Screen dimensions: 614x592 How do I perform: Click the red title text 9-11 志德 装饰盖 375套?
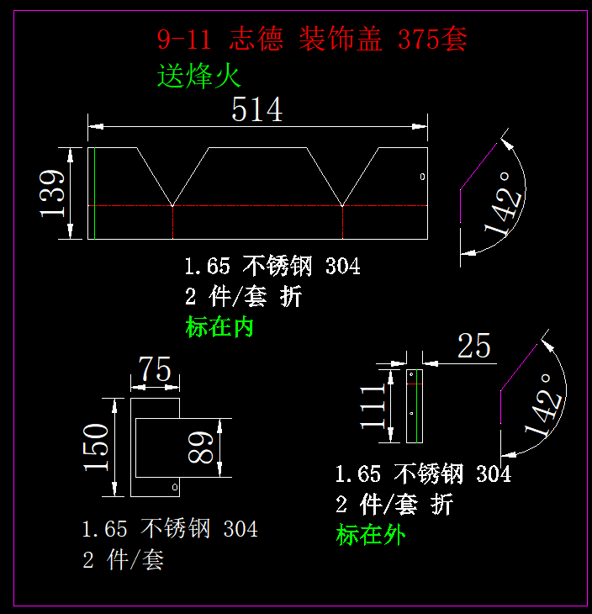311,39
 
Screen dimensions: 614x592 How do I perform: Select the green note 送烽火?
199,77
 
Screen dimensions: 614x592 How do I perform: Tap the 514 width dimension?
256,109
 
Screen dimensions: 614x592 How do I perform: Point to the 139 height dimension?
53,193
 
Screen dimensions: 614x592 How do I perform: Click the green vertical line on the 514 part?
94,193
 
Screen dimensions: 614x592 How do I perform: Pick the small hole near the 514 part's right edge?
422,176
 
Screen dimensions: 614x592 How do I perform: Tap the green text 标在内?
219,327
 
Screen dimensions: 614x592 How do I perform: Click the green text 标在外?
370,534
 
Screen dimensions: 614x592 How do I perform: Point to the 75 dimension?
155,369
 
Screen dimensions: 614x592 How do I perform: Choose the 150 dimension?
96,447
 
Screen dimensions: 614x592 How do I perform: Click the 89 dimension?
201,447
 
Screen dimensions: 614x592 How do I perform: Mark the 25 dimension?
474,346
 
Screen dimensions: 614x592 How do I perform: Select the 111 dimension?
373,405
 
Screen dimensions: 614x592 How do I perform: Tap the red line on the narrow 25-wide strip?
413,384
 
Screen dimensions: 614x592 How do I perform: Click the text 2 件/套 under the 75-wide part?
123,560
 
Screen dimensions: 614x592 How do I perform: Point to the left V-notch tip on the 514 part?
172,204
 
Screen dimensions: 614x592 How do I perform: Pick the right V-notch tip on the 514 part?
343,204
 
